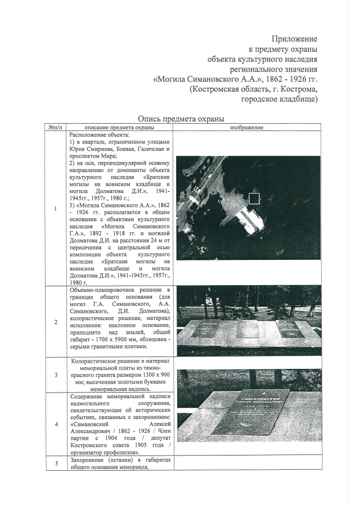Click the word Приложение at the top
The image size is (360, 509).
pyautogui.click(x=294, y=39)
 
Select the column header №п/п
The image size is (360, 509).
pyautogui.click(x=55, y=128)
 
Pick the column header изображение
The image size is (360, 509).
pyautogui.click(x=247, y=128)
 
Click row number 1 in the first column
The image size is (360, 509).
pyautogui.click(x=55, y=209)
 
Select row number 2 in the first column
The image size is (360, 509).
pyautogui.click(x=55, y=322)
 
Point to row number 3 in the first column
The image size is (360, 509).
pyautogui.click(x=55, y=375)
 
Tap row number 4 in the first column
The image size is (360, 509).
pyautogui.click(x=55, y=424)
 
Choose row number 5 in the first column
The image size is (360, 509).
pyautogui.click(x=55, y=463)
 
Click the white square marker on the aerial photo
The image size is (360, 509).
pyautogui.click(x=254, y=198)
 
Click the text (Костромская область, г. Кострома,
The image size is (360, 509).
pyautogui.click(x=254, y=89)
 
